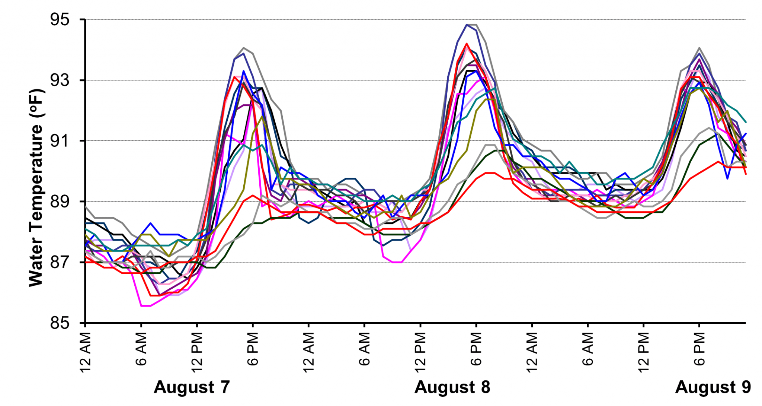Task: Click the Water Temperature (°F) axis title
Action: (x=36, y=188)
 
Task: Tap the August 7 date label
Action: (x=192, y=387)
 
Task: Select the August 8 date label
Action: (x=452, y=387)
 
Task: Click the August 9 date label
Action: (x=713, y=387)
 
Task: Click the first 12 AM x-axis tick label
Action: (x=86, y=352)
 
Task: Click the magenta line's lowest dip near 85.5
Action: (x=145, y=306)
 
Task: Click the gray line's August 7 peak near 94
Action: (x=243, y=48)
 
